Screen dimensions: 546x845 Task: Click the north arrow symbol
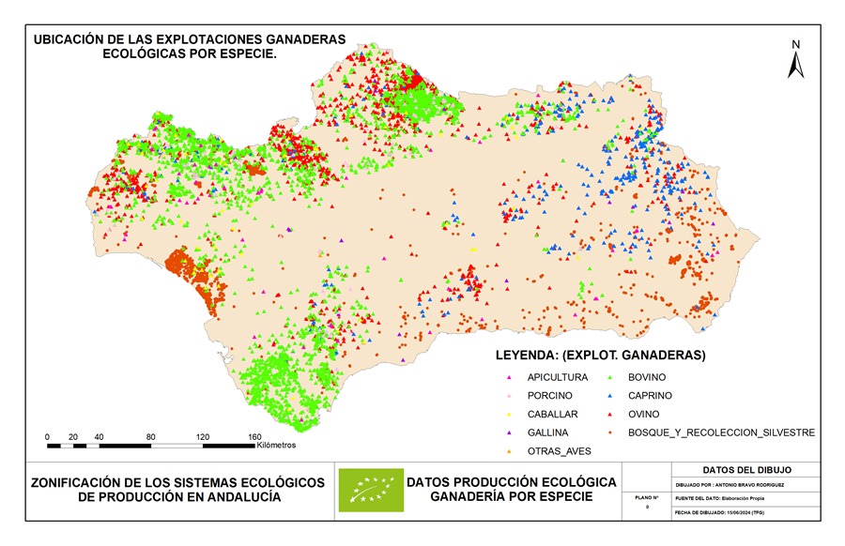tap(794, 61)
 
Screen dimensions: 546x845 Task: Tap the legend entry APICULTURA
tap(558, 377)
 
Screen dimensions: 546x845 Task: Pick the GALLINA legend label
tap(549, 432)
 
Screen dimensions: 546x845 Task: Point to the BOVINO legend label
tap(647, 377)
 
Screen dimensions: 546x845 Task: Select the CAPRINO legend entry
tap(650, 395)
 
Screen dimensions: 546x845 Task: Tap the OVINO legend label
tap(644, 414)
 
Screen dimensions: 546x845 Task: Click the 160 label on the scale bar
tap(254, 436)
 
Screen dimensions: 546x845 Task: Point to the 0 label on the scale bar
tap(47, 436)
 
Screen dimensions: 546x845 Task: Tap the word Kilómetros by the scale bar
tap(275, 445)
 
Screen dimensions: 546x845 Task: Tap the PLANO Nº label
tap(644, 496)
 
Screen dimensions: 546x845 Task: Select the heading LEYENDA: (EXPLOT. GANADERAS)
tap(600, 356)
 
